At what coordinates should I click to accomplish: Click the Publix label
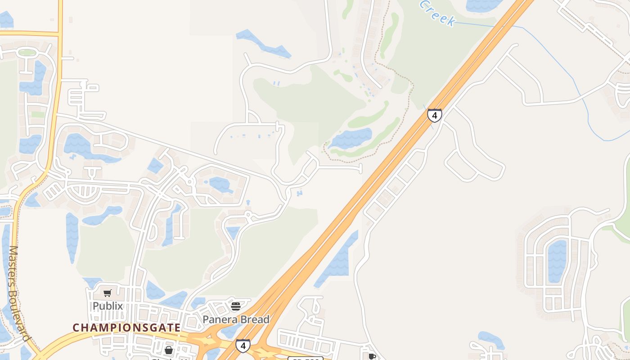pyautogui.click(x=108, y=306)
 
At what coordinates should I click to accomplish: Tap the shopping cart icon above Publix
pyautogui.click(x=108, y=293)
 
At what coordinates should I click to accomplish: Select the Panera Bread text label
pyautogui.click(x=236, y=319)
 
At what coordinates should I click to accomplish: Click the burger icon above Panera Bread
pyautogui.click(x=236, y=306)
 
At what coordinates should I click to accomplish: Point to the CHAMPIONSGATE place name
pyautogui.click(x=126, y=328)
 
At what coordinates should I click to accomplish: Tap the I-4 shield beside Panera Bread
pyautogui.click(x=243, y=346)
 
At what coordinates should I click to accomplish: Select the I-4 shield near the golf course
pyautogui.click(x=434, y=115)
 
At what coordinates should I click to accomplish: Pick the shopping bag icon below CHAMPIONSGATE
pyautogui.click(x=169, y=350)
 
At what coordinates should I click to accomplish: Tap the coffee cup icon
pyautogui.click(x=372, y=356)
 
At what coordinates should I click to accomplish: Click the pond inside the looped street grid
pyautogui.click(x=557, y=261)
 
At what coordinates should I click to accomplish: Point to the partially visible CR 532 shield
pyautogui.click(x=305, y=358)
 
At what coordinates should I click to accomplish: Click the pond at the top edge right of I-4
pyautogui.click(x=484, y=4)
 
